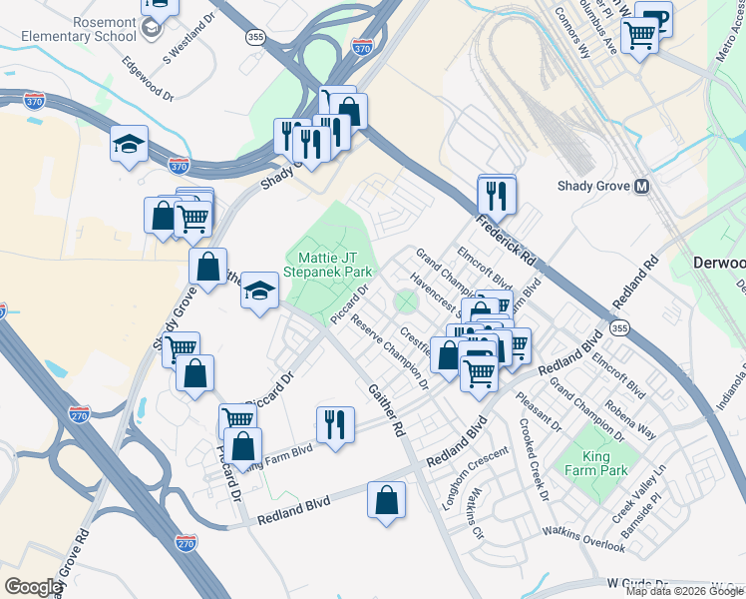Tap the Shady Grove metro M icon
pyautogui.click(x=642, y=187)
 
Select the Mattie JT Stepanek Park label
pyautogui.click(x=328, y=264)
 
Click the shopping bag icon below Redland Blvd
pyautogui.click(x=386, y=501)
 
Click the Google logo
pyautogui.click(x=33, y=587)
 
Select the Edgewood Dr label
pyautogui.click(x=147, y=82)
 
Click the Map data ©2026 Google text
pyautogui.click(x=684, y=591)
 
